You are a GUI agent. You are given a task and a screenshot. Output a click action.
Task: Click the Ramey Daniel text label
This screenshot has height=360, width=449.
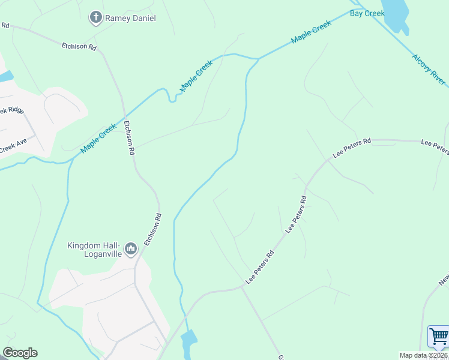(x=130, y=18)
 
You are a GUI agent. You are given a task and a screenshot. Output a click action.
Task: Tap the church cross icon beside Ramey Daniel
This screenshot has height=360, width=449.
(x=95, y=18)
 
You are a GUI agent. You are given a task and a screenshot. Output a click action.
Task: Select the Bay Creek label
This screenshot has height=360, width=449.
(x=367, y=13)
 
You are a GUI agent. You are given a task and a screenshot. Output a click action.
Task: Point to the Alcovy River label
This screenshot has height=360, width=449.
(x=429, y=70)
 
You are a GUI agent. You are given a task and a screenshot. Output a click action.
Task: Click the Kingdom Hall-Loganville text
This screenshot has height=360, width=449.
(x=94, y=249)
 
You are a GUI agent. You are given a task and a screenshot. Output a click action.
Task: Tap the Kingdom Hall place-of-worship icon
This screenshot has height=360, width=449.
(x=131, y=248)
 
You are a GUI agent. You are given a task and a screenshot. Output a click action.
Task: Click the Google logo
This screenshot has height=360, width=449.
(x=20, y=353)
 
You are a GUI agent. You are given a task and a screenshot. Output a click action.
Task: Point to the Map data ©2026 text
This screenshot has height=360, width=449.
(x=424, y=355)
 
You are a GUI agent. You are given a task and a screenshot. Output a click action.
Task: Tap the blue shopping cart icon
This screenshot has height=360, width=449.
(x=439, y=337)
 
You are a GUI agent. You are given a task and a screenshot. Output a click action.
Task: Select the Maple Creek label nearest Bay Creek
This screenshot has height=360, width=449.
(x=311, y=32)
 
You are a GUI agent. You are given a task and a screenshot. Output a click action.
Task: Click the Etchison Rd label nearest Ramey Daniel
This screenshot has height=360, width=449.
(x=79, y=46)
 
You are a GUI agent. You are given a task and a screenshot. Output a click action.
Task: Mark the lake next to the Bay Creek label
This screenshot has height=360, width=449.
(x=396, y=14)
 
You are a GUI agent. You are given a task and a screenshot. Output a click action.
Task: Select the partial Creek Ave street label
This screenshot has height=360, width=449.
(x=13, y=146)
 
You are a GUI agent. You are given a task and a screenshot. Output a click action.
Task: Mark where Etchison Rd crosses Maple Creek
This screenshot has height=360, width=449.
(x=124, y=114)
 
